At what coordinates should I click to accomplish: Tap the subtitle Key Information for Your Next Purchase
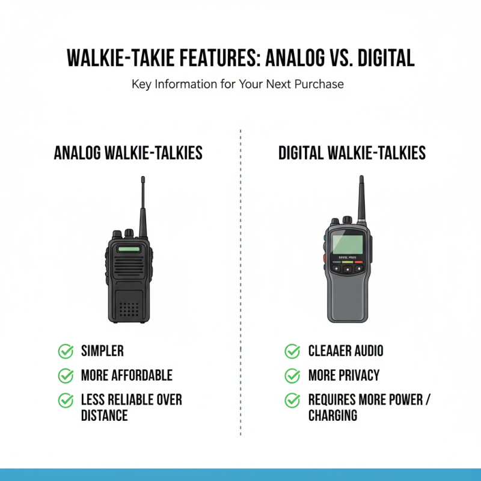pos(237,84)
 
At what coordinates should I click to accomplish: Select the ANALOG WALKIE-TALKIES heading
pos(128,153)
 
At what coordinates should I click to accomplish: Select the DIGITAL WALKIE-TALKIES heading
pos(352,153)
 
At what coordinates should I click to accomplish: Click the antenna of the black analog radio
pos(143,204)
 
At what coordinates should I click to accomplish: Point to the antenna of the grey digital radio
pos(361,198)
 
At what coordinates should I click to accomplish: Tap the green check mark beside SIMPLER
pos(66,351)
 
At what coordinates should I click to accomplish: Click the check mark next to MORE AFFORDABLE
pos(66,376)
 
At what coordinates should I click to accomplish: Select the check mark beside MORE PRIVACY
pos(292,376)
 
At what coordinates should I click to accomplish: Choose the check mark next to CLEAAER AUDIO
pos(292,351)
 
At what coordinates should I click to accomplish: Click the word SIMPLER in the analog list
pos(102,351)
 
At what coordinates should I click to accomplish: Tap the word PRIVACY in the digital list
pos(359,376)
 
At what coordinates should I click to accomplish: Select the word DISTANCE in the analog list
pos(104,415)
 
